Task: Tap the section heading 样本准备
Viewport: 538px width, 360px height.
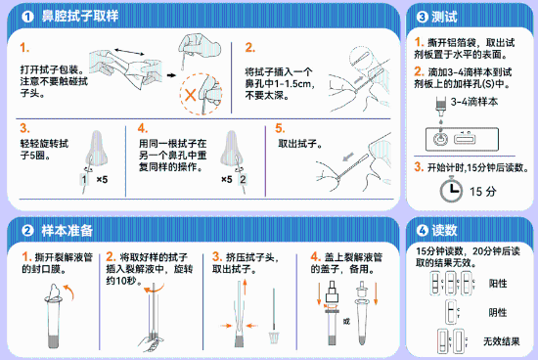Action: [x=67, y=230]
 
